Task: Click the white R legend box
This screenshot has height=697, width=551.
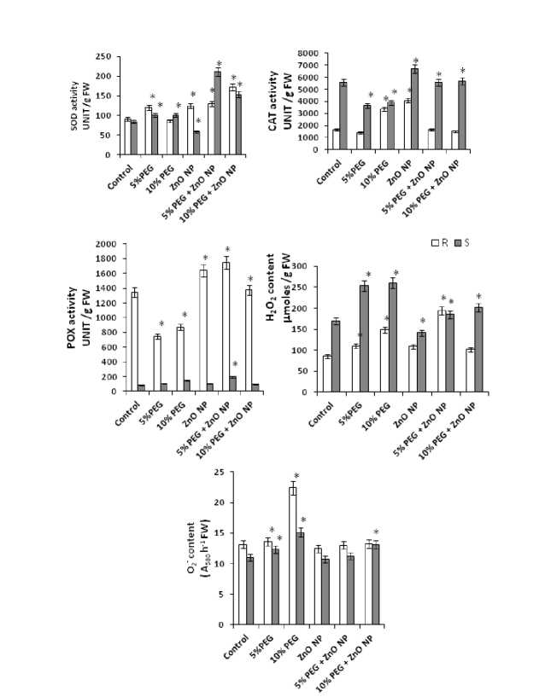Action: [436, 243]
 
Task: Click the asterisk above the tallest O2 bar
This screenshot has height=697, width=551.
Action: [296, 476]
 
